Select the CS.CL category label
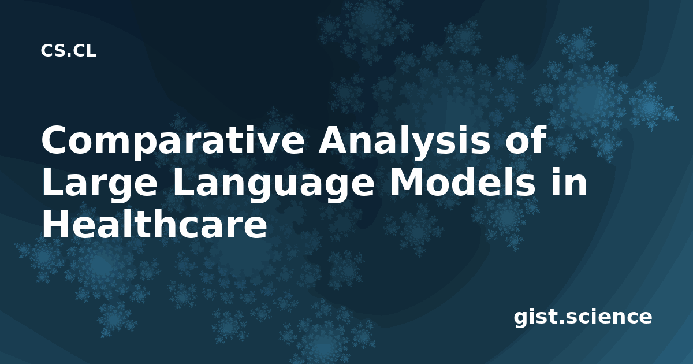[x=68, y=51]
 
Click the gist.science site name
[x=583, y=318]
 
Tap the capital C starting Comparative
[x=55, y=139]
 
